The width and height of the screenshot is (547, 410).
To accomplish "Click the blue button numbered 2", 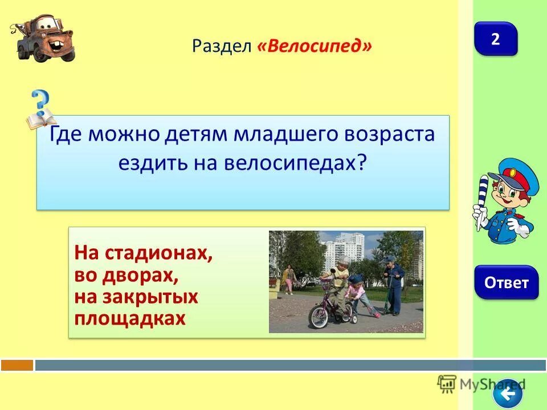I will (x=495, y=39).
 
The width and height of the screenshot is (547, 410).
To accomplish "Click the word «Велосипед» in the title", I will (x=315, y=46).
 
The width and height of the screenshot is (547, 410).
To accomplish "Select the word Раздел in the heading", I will (x=222, y=46).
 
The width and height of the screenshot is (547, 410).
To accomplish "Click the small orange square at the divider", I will (x=17, y=364).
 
